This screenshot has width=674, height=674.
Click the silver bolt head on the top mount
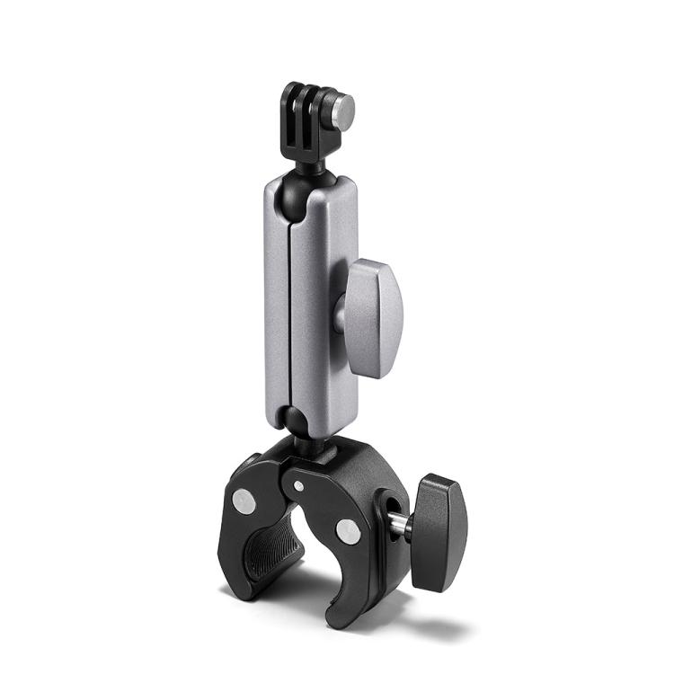coord(341,110)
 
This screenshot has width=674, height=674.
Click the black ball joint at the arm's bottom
coord(290,417)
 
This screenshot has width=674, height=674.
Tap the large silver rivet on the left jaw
coord(242,497)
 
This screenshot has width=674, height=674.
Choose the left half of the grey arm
coord(276,297)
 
